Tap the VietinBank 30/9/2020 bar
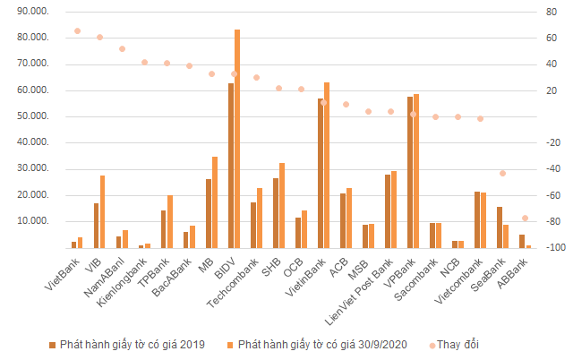click(x=327, y=165)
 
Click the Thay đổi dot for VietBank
click(x=77, y=30)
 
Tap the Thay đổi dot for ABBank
click(x=526, y=219)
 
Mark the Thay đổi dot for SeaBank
click(x=503, y=173)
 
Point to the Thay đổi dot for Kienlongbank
click(x=145, y=62)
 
